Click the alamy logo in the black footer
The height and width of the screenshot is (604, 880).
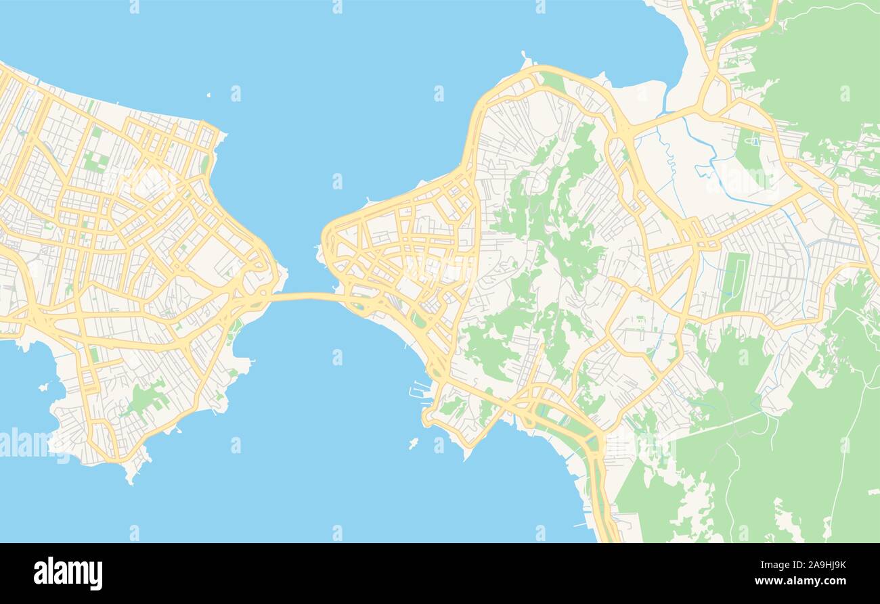(68, 574)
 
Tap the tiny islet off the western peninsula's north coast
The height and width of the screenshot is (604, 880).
(208, 96)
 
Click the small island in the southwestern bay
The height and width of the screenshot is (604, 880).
(44, 387)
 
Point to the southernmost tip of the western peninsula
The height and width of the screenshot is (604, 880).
(130, 481)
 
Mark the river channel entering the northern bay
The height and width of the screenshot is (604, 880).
(667, 101)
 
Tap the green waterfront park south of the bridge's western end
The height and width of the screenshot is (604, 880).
(235, 327)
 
